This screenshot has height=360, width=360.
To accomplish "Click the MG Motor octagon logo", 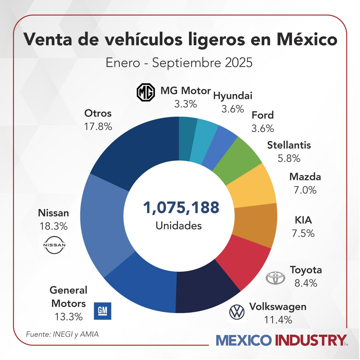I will point(146,93).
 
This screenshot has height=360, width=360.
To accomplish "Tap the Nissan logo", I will point(53,245).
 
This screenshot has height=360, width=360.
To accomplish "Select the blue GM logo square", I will point(103,311).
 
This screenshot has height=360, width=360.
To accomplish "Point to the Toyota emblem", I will point(276,277).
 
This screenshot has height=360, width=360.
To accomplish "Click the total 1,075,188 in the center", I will point(181,207).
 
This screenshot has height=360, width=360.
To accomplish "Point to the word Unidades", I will point(179,226).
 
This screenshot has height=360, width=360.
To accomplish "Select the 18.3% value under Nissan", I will point(53,226).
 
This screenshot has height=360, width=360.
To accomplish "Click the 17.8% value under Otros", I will point(98,127).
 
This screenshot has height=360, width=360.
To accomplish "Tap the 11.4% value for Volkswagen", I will point(278,320).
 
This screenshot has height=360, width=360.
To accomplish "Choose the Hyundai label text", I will point(233,96).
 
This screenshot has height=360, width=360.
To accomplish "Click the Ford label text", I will point(263,115).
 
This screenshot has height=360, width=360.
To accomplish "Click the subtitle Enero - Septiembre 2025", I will point(179,63).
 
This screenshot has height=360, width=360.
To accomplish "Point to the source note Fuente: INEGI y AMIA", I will point(62,334).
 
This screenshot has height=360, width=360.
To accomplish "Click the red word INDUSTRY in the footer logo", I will point(310,341).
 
